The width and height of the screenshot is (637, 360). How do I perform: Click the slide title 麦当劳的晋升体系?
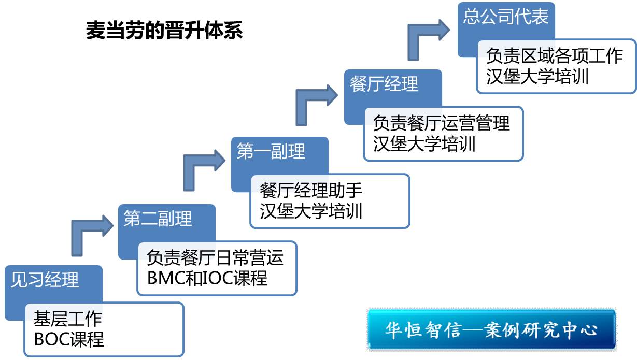(x=164, y=30)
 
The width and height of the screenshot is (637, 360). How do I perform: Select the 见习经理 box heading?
(x=45, y=280)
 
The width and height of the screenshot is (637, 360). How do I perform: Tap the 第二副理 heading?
(x=158, y=219)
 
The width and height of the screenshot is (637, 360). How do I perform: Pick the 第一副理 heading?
(x=271, y=151)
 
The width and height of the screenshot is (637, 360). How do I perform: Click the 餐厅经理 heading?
(x=384, y=84)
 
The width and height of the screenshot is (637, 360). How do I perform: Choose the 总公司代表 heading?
(x=506, y=16)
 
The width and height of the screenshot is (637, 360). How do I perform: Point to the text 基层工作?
(x=68, y=319)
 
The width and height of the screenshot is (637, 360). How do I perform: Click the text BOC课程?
(x=69, y=339)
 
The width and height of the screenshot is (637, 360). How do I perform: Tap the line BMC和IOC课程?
(x=207, y=278)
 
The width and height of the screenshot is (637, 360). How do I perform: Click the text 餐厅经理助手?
(x=311, y=191)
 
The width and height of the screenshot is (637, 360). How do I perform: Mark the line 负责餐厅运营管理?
(x=441, y=123)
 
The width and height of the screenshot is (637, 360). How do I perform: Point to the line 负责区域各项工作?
(x=555, y=56)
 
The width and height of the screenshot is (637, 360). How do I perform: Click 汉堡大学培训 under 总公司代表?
(x=537, y=77)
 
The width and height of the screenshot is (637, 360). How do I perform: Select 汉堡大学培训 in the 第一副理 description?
(x=311, y=211)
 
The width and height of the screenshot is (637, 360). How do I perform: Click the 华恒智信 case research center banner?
(x=492, y=329)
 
